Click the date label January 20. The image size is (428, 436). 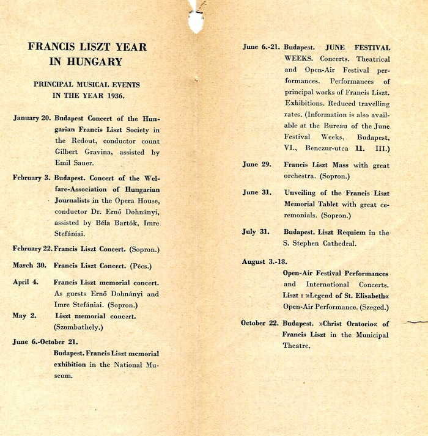(32, 118)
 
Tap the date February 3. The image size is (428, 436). (32, 178)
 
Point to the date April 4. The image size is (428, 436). (26, 283)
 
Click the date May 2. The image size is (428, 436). (24, 316)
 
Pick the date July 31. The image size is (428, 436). (257, 232)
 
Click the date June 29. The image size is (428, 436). (257, 165)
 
